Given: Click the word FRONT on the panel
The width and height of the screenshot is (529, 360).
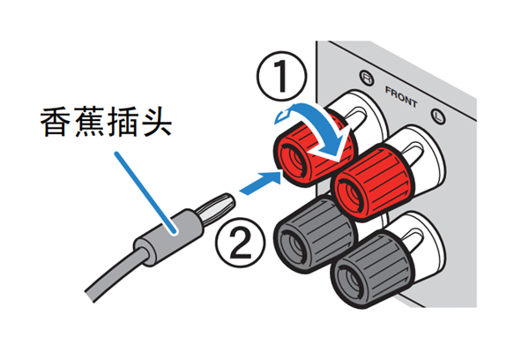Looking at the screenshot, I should point(402,89).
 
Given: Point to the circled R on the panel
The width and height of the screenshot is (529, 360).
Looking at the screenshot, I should point(364,77).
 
